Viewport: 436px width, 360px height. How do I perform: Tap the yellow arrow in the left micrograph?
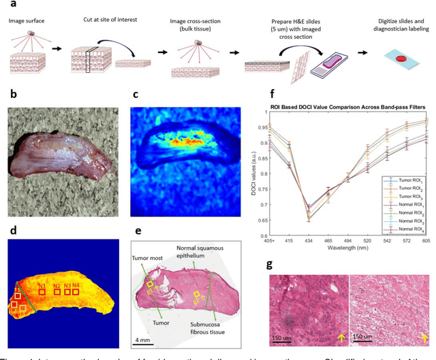(x=340, y=338)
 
